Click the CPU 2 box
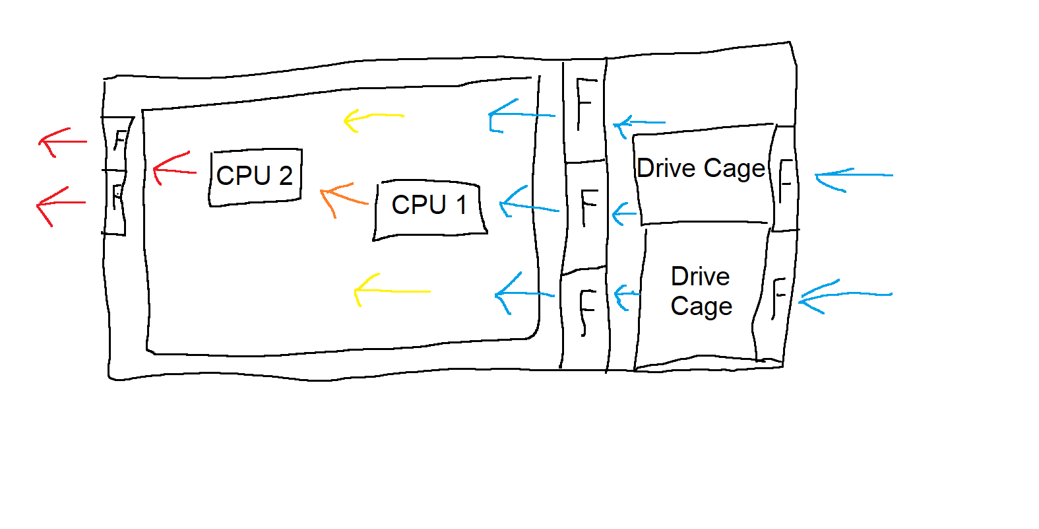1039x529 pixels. [255, 176]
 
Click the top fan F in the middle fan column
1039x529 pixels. [585, 102]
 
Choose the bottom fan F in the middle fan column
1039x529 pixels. [586, 310]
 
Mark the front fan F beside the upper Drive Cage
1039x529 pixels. [784, 180]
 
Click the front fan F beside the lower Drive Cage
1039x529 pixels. [778, 297]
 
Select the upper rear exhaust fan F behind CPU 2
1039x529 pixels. [119, 140]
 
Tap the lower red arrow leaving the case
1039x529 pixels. [60, 203]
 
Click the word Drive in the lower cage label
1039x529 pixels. [700, 277]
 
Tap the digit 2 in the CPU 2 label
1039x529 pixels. [286, 176]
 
